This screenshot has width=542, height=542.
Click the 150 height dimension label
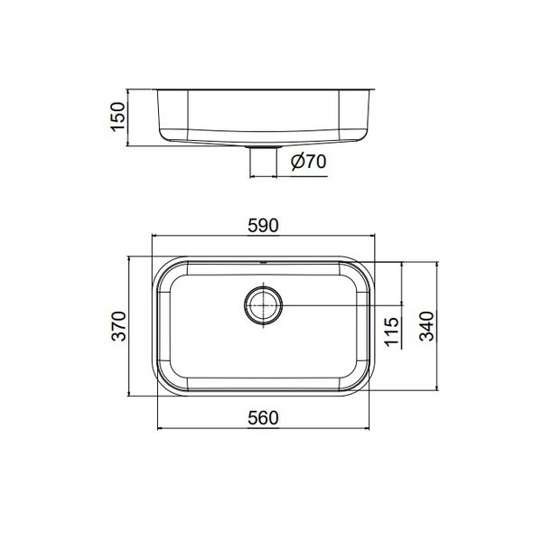pyautogui.click(x=116, y=117)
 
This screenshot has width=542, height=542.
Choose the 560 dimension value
pyautogui.click(x=263, y=417)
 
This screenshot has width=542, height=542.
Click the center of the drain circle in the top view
pyautogui.click(x=264, y=305)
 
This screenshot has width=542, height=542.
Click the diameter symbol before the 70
pyautogui.click(x=297, y=163)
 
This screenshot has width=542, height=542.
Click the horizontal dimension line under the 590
pyautogui.click(x=263, y=237)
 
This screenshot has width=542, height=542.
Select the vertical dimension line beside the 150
pyautogui.click(x=129, y=117)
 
